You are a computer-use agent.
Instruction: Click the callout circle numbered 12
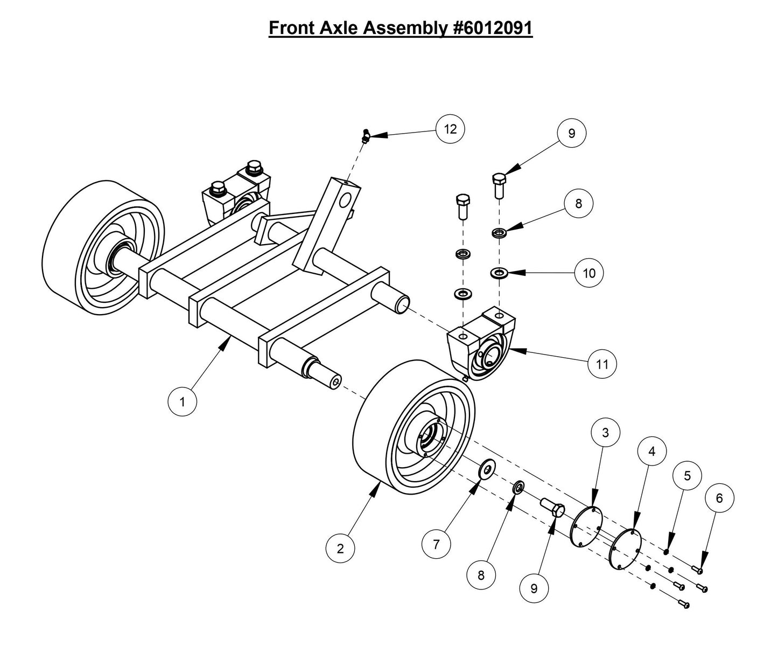click(450, 129)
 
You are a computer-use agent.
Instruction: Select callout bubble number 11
click(602, 364)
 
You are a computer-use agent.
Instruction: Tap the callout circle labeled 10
click(589, 273)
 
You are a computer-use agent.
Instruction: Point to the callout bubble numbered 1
click(182, 402)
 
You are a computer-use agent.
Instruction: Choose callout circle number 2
click(340, 549)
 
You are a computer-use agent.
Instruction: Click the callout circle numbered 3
click(605, 433)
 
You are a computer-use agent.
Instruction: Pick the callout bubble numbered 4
click(652, 452)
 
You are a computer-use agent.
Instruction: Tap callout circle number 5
click(686, 476)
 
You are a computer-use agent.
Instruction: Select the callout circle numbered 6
click(719, 498)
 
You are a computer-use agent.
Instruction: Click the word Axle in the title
click(340, 27)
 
